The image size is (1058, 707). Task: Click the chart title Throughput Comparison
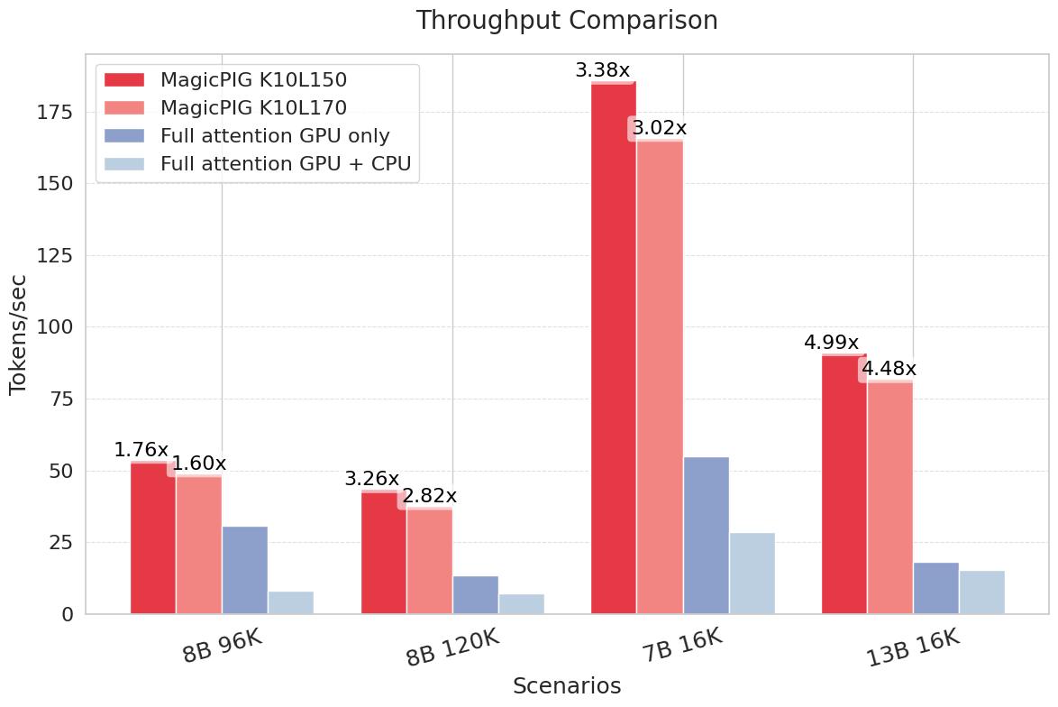click(x=567, y=20)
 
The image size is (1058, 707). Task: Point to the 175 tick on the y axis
click(x=54, y=112)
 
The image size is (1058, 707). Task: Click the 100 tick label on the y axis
click(x=54, y=326)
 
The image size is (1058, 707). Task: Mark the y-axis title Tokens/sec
click(x=17, y=335)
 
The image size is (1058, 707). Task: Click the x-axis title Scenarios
click(x=567, y=686)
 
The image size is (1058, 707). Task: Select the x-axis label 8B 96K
click(x=222, y=647)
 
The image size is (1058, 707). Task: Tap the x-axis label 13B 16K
click(x=913, y=648)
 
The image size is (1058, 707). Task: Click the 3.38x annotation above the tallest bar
click(x=603, y=69)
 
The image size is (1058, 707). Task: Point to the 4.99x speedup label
click(x=831, y=343)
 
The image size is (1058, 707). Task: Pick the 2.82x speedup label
click(x=430, y=496)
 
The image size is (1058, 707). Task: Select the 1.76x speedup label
click(x=141, y=450)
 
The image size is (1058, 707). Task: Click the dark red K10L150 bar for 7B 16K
click(x=614, y=348)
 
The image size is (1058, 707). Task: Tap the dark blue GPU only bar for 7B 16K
click(x=707, y=536)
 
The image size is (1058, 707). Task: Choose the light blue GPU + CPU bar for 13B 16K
click(x=982, y=592)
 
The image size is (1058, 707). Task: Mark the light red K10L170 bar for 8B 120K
click(x=430, y=561)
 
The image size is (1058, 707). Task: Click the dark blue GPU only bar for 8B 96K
click(x=245, y=570)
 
